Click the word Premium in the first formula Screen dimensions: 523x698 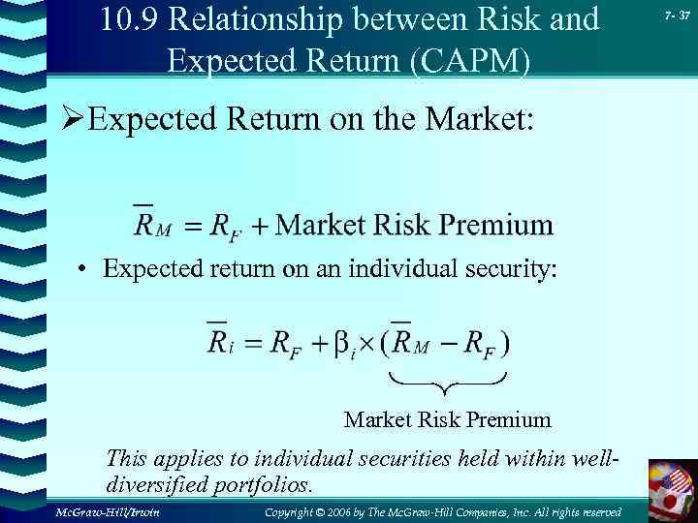click(x=496, y=226)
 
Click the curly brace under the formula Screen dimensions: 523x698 click(x=446, y=384)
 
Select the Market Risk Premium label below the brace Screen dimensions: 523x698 click(x=447, y=420)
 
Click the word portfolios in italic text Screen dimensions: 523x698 click(x=257, y=482)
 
